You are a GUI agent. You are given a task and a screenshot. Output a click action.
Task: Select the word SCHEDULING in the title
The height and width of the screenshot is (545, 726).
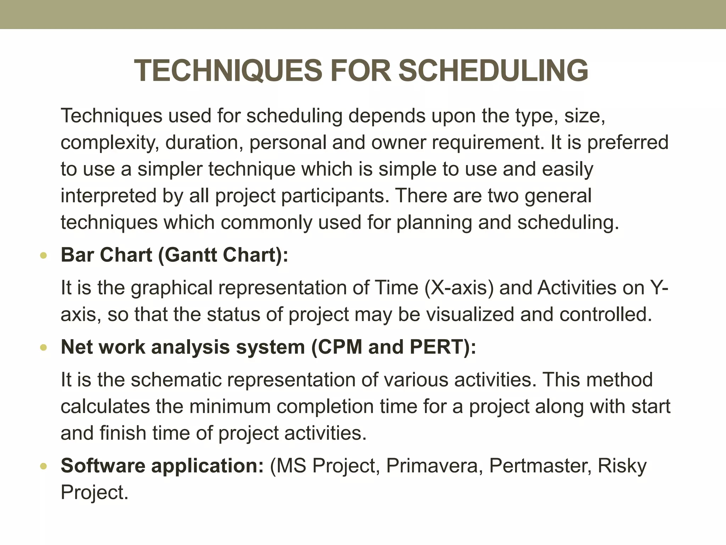click(493, 71)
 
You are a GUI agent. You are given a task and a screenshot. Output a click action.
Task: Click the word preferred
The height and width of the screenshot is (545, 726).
click(628, 143)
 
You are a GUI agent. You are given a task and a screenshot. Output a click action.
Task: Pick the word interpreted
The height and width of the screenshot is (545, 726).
click(108, 196)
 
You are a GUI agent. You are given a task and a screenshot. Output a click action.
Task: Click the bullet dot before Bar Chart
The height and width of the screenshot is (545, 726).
click(44, 255)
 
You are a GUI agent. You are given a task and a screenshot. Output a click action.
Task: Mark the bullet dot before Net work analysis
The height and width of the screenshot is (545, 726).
click(44, 347)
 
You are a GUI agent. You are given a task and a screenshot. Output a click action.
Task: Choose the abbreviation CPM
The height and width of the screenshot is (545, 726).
click(340, 347)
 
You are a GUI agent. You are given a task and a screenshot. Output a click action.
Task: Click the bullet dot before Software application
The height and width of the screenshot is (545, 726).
click(44, 466)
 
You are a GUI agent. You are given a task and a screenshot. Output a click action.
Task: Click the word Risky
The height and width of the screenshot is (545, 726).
click(622, 466)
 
